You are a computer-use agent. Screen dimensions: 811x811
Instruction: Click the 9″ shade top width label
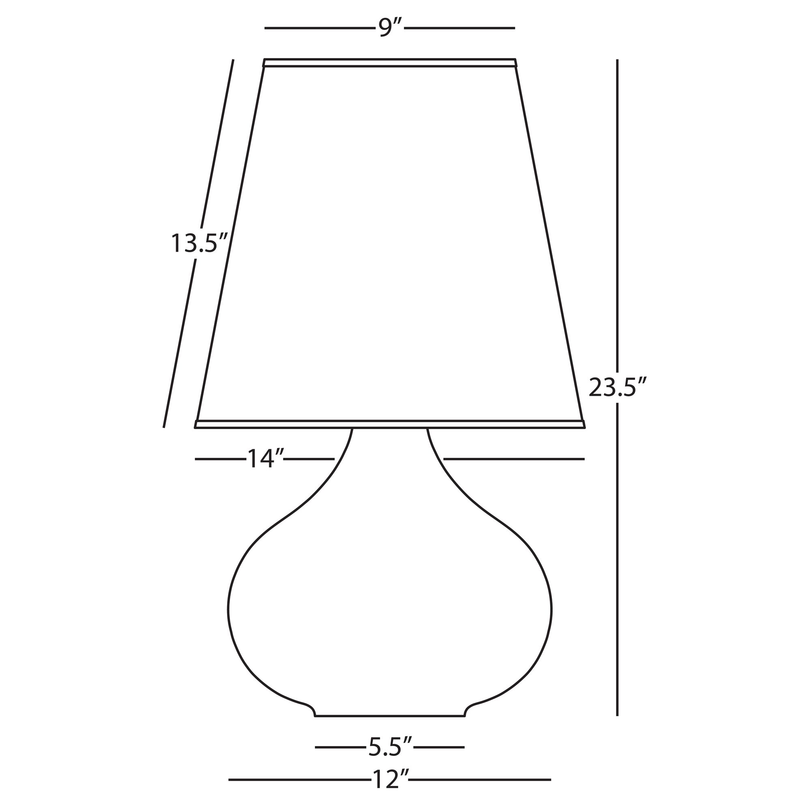390,28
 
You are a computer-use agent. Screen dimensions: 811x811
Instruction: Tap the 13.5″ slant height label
199,243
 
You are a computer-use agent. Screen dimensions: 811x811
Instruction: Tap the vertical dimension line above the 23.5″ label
617,210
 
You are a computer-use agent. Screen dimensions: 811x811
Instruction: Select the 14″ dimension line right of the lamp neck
514,459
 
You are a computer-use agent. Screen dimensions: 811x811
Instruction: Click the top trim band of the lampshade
390,63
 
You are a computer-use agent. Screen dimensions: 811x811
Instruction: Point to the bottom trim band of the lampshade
390,424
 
